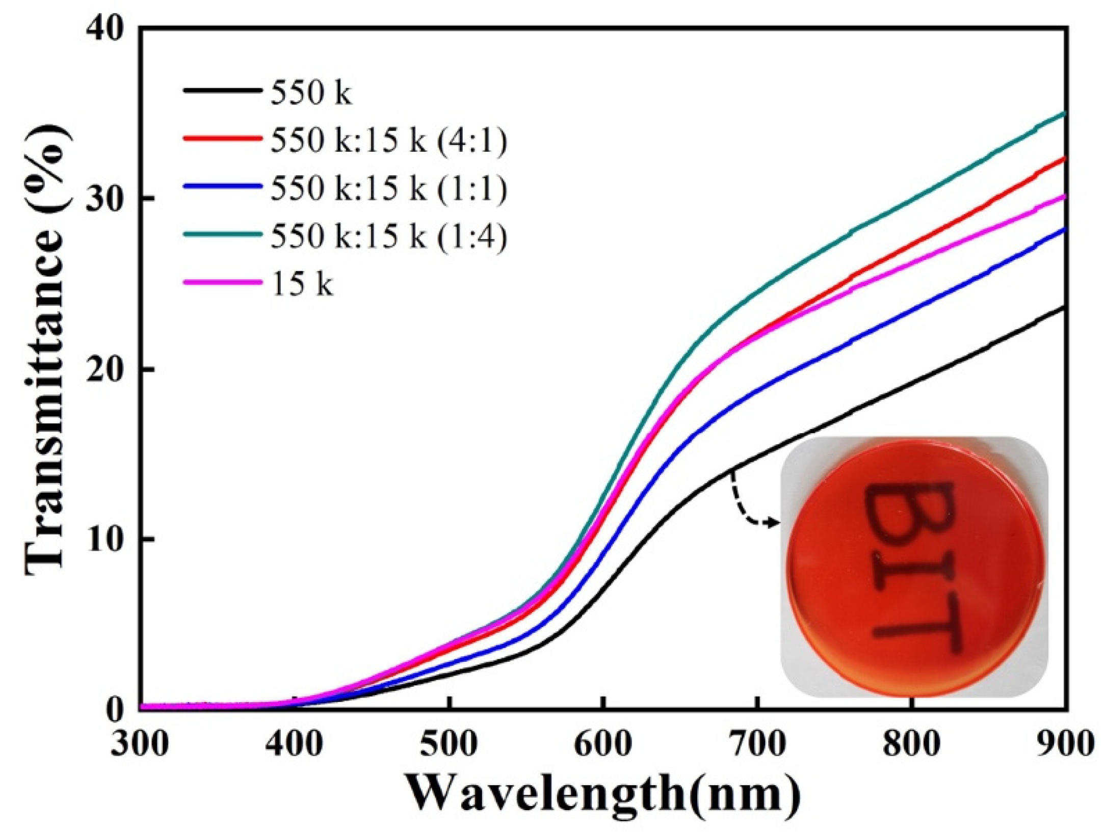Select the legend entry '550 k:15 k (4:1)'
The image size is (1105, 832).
tap(388, 141)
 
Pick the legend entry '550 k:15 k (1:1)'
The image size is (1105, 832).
tap(388, 189)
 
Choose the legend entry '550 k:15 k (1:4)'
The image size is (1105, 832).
tap(388, 237)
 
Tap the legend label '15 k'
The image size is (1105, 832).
tap(301, 284)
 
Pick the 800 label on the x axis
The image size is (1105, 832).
tap(911, 744)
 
